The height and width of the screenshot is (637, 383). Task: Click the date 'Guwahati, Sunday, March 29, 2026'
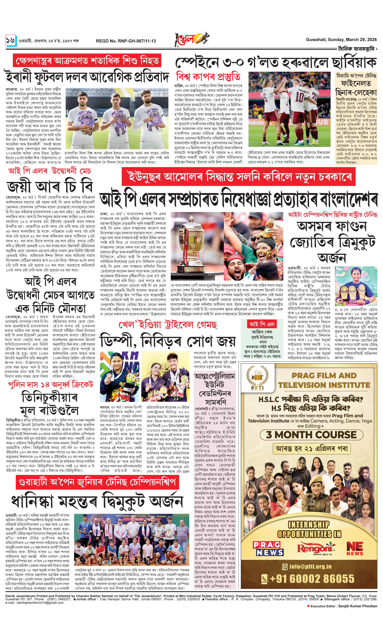tap(341, 40)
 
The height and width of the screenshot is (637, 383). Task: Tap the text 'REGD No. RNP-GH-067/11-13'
tap(126, 41)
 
